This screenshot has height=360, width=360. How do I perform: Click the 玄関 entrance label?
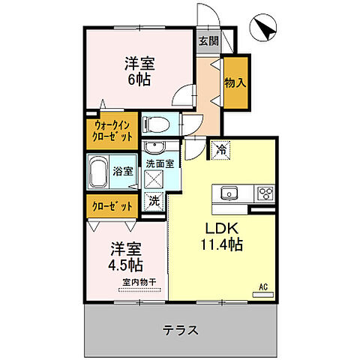[x=208, y=42]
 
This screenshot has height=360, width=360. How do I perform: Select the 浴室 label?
[x=123, y=171]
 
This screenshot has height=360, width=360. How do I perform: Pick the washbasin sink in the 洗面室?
[x=157, y=147]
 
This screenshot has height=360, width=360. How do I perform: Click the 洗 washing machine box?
[x=154, y=200]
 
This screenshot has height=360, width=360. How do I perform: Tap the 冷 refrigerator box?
[x=221, y=150]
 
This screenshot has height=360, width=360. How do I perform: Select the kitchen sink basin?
[x=229, y=193]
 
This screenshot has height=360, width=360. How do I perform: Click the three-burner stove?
[x=265, y=193]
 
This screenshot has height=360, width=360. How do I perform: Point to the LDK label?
[x=217, y=228]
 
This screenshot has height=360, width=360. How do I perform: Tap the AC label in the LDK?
[x=263, y=286]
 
